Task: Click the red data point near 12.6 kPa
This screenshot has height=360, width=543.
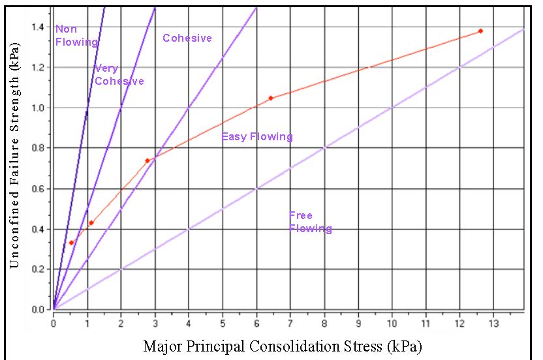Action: (x=480, y=31)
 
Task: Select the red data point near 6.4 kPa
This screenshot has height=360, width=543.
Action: (x=270, y=98)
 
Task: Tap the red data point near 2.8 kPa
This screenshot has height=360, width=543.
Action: (x=147, y=160)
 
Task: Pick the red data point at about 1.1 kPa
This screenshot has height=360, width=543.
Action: (x=91, y=223)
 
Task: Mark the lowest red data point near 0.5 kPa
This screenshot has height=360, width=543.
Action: (x=71, y=243)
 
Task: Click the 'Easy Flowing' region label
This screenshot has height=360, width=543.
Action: (x=257, y=137)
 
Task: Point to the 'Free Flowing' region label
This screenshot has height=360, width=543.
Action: (x=310, y=222)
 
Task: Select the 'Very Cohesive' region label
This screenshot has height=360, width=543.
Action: (x=119, y=75)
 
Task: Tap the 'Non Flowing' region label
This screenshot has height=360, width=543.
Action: (x=75, y=36)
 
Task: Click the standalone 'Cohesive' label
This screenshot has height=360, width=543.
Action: (x=187, y=38)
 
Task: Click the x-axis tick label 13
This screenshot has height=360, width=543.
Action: (x=493, y=322)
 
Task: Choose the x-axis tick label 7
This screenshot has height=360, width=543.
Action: (x=290, y=322)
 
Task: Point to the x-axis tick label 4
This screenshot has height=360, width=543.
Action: (x=189, y=322)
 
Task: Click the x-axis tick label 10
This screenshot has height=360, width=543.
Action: (x=392, y=322)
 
